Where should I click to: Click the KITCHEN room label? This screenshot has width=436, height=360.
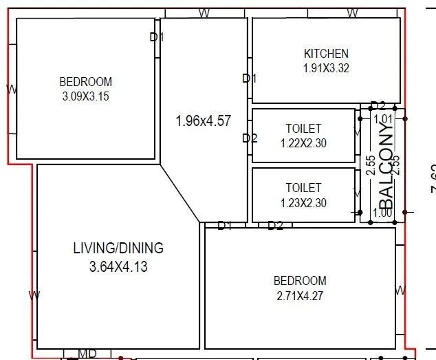click(x=326, y=54)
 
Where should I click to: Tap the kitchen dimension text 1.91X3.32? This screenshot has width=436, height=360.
click(x=326, y=68)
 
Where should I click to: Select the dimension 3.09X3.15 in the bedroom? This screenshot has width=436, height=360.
click(x=85, y=96)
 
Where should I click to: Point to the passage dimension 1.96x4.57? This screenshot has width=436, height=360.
click(x=203, y=121)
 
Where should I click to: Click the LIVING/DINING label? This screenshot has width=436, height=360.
click(x=118, y=248)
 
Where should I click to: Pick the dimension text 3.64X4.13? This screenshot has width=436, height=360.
click(x=118, y=266)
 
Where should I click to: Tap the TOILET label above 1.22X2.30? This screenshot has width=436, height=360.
click(x=303, y=129)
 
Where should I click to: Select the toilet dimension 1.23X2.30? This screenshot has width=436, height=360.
click(x=303, y=202)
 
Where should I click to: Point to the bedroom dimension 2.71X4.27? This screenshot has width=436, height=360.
click(x=300, y=296)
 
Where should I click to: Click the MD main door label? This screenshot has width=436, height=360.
click(x=87, y=354)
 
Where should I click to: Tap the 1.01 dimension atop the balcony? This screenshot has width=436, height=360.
click(x=382, y=119)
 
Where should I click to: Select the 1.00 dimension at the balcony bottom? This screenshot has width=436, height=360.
click(x=382, y=213)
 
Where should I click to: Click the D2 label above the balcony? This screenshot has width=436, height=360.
click(x=378, y=106)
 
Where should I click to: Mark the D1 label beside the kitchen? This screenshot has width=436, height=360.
click(x=249, y=78)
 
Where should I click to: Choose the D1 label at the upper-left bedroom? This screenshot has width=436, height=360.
click(x=157, y=37)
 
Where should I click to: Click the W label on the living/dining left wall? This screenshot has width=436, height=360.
click(x=34, y=295)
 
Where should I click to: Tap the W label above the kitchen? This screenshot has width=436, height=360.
click(x=352, y=12)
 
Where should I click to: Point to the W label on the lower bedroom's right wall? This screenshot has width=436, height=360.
click(x=400, y=289)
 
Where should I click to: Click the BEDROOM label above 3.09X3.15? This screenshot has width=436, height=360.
click(x=85, y=82)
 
